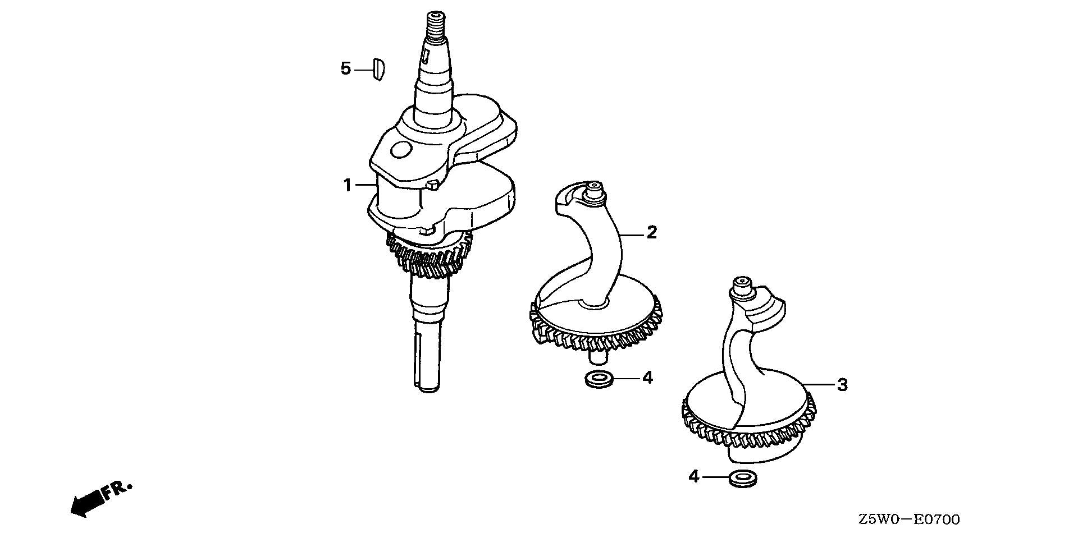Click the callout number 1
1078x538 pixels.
click(348, 185)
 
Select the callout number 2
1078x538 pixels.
click(651, 232)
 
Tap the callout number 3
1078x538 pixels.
click(842, 385)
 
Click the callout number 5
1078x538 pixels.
click(346, 69)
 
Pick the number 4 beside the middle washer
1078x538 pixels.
click(647, 378)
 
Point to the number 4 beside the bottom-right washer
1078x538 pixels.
click(694, 477)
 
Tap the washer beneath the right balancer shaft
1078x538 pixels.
click(742, 479)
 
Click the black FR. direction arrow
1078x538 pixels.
click(88, 503)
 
